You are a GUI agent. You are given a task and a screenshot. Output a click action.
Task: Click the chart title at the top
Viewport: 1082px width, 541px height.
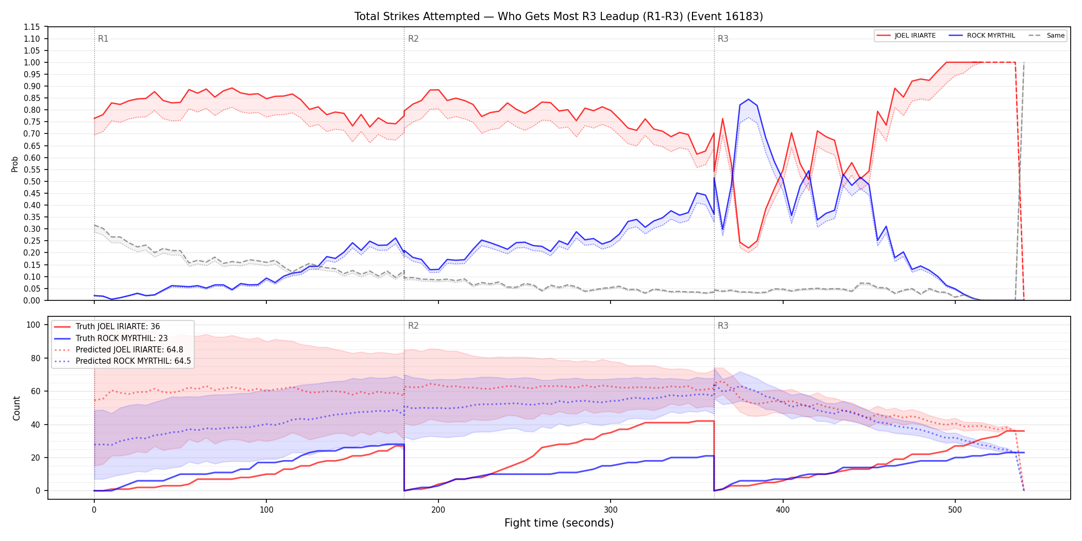tap(559, 16)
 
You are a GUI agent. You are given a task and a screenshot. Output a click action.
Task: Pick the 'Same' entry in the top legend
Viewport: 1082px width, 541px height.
tap(1046, 36)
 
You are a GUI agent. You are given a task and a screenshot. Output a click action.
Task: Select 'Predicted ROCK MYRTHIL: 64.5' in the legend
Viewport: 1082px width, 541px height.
tap(123, 361)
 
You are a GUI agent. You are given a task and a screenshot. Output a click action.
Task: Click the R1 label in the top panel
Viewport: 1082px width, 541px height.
tap(103, 39)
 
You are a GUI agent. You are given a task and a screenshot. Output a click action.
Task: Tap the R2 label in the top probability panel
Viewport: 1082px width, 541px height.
tap(413, 39)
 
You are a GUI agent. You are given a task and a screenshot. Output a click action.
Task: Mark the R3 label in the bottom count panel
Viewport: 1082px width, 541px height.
tap(723, 326)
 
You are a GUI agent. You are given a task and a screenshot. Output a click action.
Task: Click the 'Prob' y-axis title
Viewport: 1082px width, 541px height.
tap(15, 164)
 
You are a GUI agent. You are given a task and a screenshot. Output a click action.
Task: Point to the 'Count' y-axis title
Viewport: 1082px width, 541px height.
tap(16, 408)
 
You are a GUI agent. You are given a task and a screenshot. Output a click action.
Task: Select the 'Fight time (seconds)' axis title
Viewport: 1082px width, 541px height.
tap(559, 523)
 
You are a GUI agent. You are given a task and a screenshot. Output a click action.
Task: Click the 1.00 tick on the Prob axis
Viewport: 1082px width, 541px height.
tap(32, 62)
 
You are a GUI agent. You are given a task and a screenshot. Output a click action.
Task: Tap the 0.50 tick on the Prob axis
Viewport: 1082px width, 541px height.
tap(32, 181)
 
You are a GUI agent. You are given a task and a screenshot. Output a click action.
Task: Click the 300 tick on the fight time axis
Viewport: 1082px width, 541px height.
tap(611, 510)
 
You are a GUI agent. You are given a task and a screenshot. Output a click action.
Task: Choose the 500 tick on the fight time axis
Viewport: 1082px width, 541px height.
tap(955, 510)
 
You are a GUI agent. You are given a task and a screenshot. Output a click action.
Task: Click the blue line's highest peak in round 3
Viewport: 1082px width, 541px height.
tap(748, 99)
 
